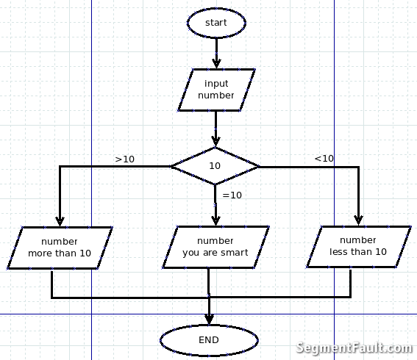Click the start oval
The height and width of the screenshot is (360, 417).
[216, 23]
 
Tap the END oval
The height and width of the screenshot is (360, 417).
[209, 340]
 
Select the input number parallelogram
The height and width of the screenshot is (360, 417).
[216, 90]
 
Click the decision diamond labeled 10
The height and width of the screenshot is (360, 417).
[215, 166]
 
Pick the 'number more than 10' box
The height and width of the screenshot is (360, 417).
[60, 248]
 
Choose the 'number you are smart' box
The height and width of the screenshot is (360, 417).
[215, 247]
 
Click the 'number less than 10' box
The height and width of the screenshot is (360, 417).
[358, 246]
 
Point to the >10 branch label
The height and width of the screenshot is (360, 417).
[125, 159]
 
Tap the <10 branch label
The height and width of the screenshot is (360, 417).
[324, 158]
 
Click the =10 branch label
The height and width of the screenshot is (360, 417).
[232, 195]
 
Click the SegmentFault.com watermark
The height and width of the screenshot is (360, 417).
[354, 348]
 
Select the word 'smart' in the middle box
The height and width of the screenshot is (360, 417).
[233, 253]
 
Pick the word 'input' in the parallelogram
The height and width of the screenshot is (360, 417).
[216, 84]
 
